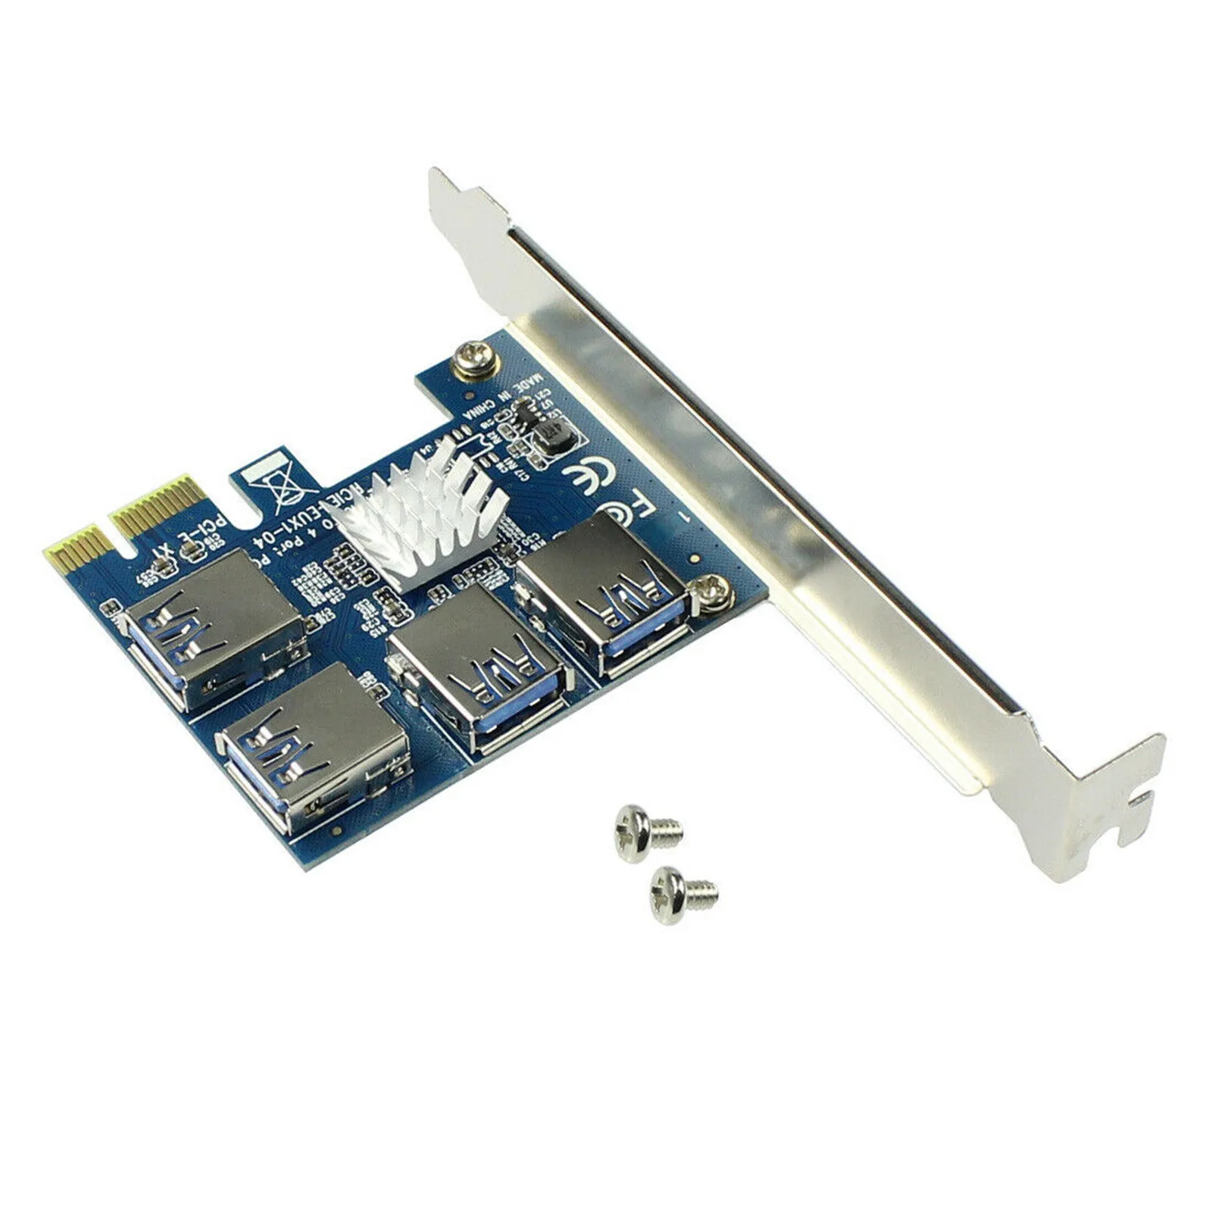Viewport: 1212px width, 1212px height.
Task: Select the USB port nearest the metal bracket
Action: [606, 598]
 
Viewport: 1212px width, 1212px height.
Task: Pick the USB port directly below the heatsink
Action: [477, 667]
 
